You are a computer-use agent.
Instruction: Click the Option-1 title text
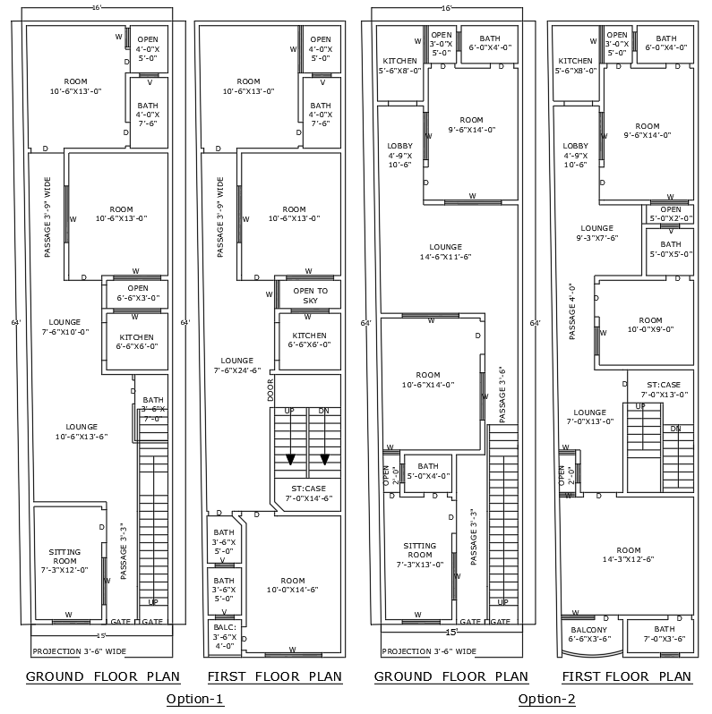(x=194, y=699)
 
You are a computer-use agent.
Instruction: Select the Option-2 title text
(x=546, y=699)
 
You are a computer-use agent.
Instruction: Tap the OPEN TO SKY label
(x=310, y=296)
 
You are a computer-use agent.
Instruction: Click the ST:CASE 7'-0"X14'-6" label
(x=308, y=493)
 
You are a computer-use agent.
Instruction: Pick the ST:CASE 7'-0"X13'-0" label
(x=665, y=389)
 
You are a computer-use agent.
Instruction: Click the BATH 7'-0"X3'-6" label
(x=664, y=634)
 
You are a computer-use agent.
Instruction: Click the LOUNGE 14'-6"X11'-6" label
(x=445, y=251)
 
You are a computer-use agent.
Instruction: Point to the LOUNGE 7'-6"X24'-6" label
(x=236, y=365)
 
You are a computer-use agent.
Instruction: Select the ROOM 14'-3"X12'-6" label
(x=628, y=555)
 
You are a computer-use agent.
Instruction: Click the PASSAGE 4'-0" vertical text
(x=570, y=311)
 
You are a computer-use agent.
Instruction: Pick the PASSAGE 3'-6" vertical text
(x=502, y=395)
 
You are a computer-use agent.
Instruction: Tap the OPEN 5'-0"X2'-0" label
(x=670, y=214)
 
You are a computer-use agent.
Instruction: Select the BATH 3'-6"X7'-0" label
(x=152, y=409)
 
